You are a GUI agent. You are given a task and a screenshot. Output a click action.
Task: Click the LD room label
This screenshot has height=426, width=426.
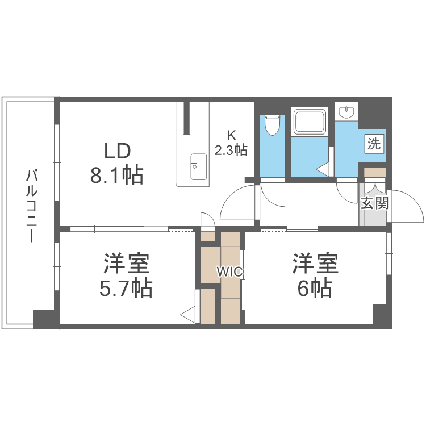(x=117, y=151)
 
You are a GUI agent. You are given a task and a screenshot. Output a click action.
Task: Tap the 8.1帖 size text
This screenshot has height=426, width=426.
(x=117, y=175)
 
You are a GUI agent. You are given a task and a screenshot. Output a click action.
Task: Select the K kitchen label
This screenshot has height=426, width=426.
(x=231, y=135)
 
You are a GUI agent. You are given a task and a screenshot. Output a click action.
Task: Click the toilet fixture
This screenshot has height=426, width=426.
(x=273, y=124)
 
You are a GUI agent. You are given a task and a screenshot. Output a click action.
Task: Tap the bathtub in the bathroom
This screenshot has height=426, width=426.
(x=309, y=122)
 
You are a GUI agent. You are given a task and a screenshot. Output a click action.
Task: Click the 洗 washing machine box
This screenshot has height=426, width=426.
(x=374, y=143)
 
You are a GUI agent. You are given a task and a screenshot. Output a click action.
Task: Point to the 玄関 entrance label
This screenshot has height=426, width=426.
(x=374, y=203)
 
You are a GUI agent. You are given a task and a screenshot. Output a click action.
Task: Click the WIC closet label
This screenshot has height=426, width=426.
(x=229, y=272)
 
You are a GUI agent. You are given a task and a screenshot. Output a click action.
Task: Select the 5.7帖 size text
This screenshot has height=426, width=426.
(x=126, y=289)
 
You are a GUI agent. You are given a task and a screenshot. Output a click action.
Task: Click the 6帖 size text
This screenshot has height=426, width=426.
(x=315, y=289)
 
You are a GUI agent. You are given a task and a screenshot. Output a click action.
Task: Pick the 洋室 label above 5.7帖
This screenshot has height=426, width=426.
(x=126, y=264)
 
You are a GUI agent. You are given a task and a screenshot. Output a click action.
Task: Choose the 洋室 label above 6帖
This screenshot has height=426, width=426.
(x=315, y=264)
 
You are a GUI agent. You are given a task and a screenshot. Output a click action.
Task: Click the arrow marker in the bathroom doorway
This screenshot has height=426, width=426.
(x=323, y=169)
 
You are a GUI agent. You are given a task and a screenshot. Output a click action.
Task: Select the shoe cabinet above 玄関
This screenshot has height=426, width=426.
(x=374, y=172)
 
